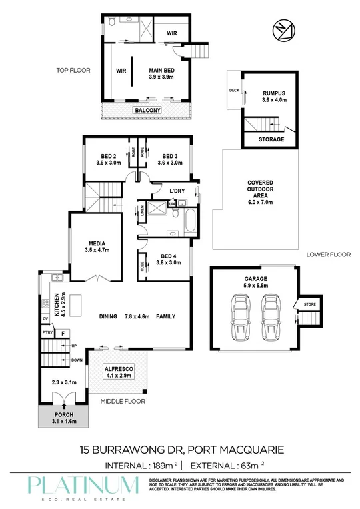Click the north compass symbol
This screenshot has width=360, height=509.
(x=282, y=30)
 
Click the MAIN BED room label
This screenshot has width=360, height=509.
(x=162, y=73)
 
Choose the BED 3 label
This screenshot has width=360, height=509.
(x=169, y=158)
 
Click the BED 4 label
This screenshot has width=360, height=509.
(x=169, y=259)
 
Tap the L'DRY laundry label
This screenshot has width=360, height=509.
(x=177, y=192)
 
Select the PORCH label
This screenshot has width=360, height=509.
(x=63, y=418)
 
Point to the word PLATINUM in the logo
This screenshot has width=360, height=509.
(x=83, y=484)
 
